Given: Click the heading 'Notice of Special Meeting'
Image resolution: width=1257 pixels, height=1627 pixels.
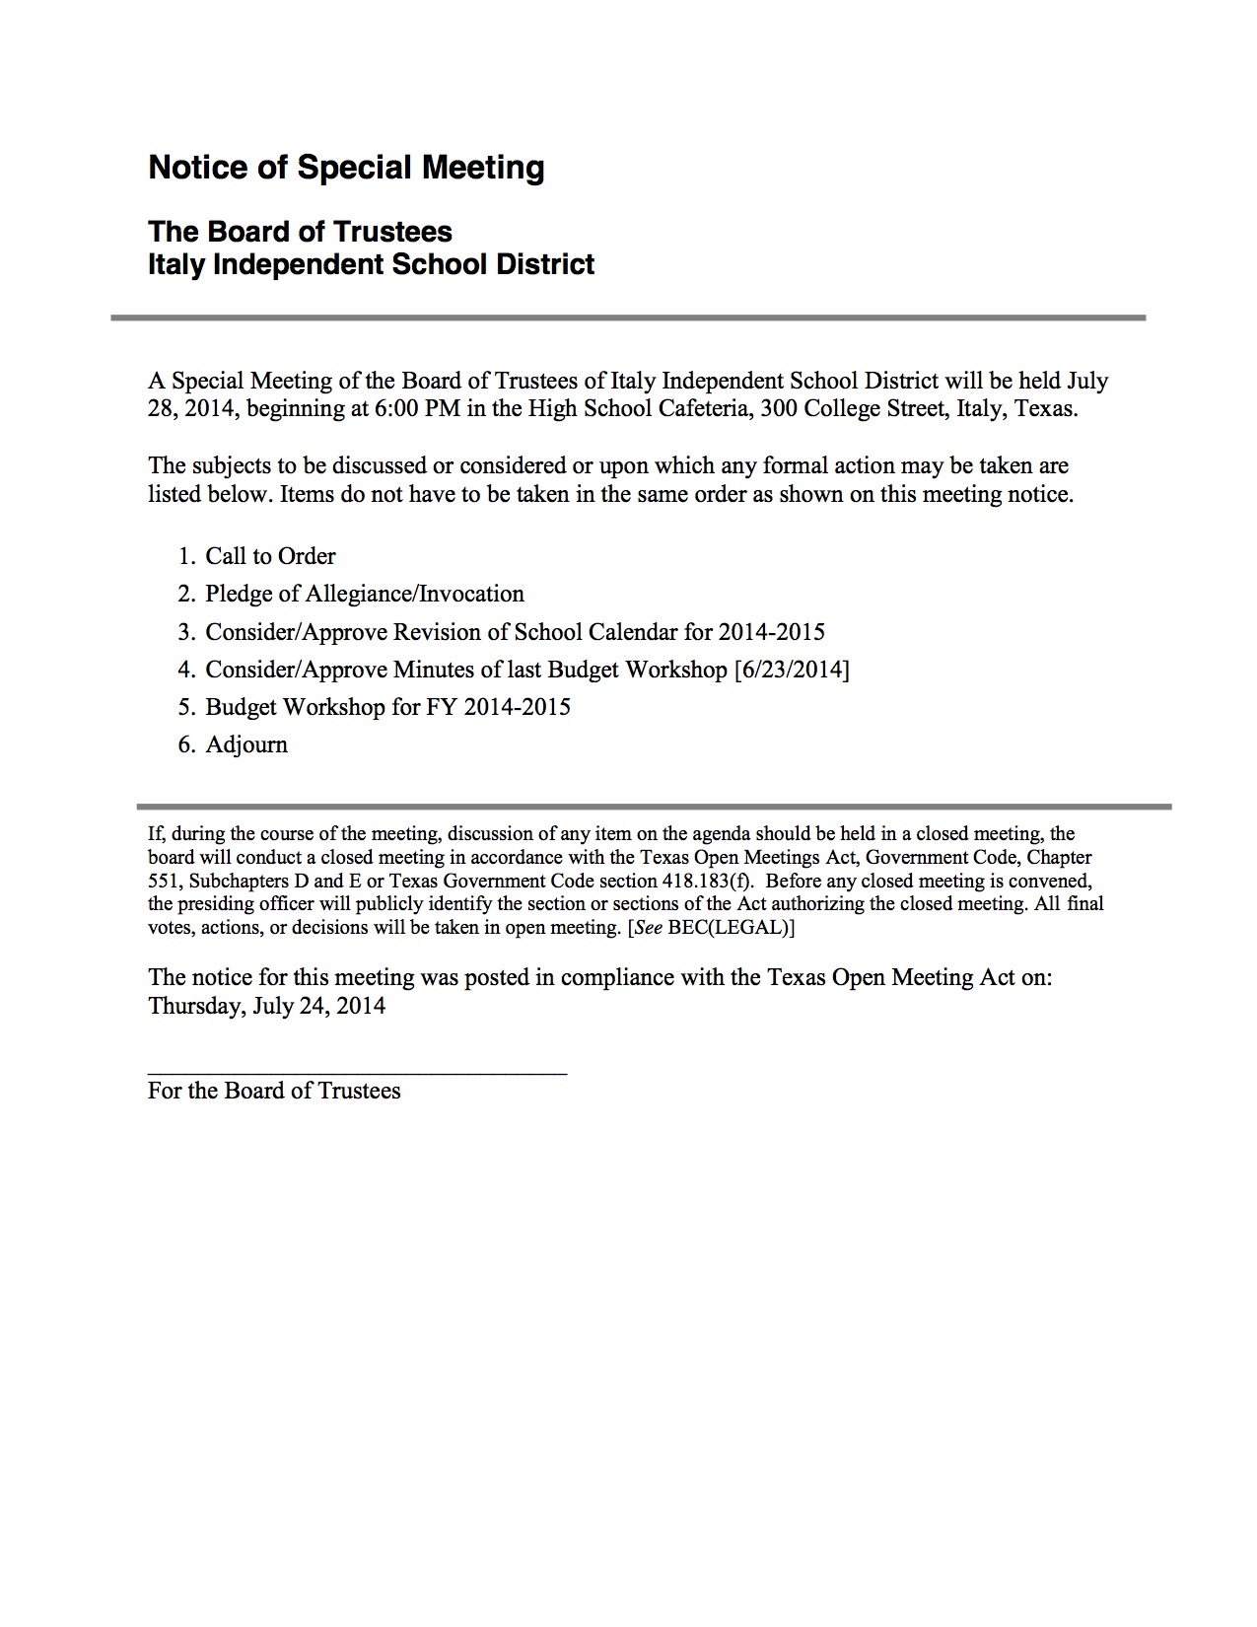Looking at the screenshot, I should click(x=346, y=168).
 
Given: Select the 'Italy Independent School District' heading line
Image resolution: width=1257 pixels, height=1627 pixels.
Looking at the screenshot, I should click(x=371, y=264).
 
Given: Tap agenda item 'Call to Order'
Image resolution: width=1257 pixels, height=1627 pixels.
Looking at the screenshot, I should click(x=270, y=556).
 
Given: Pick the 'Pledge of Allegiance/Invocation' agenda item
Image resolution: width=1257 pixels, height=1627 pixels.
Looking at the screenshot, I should click(x=365, y=594).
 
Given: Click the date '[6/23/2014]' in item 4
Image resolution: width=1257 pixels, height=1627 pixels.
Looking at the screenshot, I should click(x=792, y=670).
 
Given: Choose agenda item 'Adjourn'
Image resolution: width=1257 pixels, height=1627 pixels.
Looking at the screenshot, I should click(x=246, y=744).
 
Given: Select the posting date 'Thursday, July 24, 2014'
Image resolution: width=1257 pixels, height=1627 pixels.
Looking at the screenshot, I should click(x=266, y=1006).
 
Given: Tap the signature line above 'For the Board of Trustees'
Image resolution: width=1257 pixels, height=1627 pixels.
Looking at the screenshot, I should click(x=357, y=1073).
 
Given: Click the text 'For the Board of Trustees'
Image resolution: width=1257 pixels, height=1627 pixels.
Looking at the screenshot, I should click(x=274, y=1091).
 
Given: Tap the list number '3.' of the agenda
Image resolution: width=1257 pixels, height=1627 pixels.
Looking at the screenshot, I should click(x=187, y=632).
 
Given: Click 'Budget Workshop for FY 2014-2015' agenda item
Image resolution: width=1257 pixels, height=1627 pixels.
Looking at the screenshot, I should click(x=387, y=707).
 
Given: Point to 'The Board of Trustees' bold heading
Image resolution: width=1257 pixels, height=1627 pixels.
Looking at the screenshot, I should click(x=300, y=232).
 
